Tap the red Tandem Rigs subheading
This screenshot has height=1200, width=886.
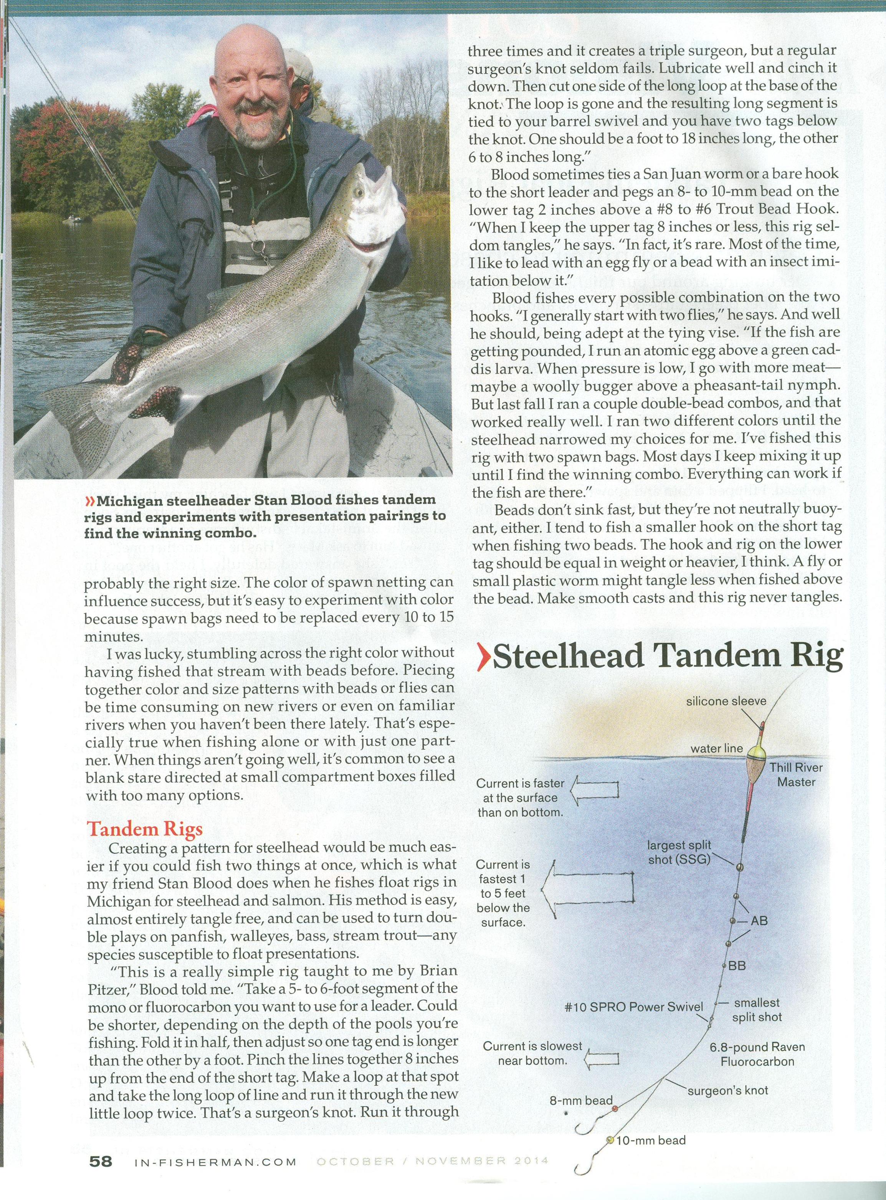145,829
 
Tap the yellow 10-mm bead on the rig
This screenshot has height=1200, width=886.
610,1136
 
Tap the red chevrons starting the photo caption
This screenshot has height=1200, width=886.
90,501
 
